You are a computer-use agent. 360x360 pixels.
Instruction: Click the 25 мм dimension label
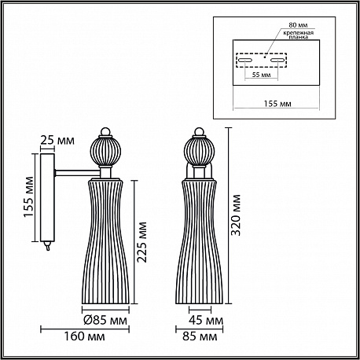[57, 141]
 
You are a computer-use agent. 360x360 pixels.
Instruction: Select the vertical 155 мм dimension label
[29, 197]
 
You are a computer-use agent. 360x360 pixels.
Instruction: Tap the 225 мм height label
[142, 242]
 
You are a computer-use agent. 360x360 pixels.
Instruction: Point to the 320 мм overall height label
[236, 215]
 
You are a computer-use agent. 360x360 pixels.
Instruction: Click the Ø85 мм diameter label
[105, 320]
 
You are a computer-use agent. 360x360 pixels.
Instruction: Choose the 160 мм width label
[84, 336]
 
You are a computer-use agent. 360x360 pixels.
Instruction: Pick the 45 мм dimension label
[206, 320]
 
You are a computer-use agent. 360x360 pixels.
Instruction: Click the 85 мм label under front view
[200, 336]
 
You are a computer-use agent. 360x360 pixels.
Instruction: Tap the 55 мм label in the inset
[261, 75]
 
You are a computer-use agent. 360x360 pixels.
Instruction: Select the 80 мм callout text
[298, 25]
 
